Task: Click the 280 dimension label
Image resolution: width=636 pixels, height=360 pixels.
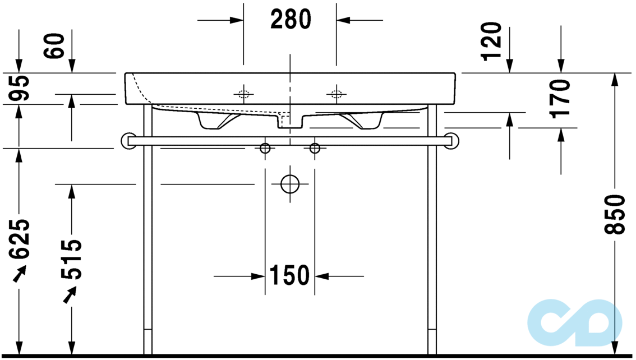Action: click(x=290, y=20)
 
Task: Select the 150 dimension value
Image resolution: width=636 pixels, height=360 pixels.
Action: click(x=289, y=275)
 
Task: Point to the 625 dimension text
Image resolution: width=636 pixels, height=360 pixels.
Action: click(x=20, y=239)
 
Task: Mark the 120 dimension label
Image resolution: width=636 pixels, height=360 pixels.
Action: click(x=491, y=40)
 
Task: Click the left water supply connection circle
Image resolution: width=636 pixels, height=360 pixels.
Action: click(x=265, y=148)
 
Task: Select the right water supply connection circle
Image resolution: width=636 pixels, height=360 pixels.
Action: click(x=315, y=148)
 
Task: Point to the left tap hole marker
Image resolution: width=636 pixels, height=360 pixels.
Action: click(x=243, y=94)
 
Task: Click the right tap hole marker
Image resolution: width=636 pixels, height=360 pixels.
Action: click(x=336, y=94)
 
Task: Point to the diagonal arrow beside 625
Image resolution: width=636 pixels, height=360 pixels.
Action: click(x=20, y=274)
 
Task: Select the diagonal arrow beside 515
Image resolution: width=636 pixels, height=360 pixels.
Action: click(x=70, y=294)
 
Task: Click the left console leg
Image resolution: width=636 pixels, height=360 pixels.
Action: click(x=148, y=236)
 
